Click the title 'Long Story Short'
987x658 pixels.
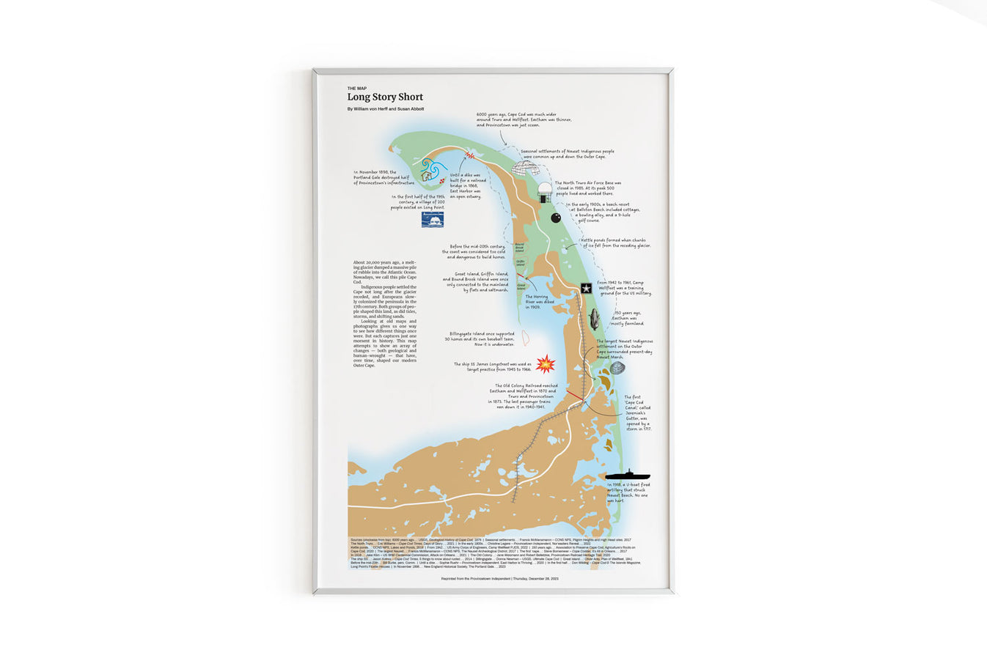(x=385, y=97)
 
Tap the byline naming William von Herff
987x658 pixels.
(x=386, y=109)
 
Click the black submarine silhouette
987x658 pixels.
(x=628, y=476)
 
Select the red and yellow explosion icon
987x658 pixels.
(x=545, y=363)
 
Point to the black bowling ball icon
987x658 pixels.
(x=555, y=218)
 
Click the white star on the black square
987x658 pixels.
(x=586, y=288)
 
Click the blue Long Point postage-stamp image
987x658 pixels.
(x=432, y=219)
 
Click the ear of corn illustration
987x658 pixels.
(x=594, y=319)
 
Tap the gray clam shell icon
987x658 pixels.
(x=617, y=368)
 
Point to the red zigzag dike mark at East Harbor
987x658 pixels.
(x=470, y=155)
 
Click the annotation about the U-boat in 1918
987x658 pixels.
(x=628, y=492)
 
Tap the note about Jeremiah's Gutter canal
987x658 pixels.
(x=636, y=413)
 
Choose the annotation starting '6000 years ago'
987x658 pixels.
(x=524, y=119)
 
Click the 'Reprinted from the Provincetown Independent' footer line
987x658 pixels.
(x=499, y=578)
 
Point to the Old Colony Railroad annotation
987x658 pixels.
(x=523, y=396)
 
